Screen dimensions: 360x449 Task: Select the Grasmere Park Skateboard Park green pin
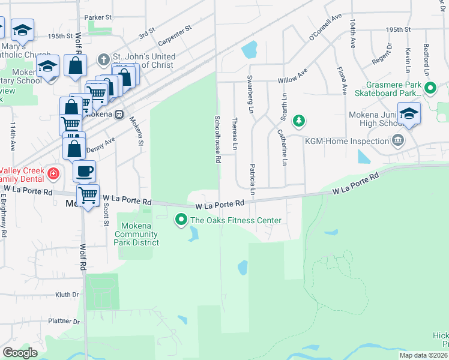430,89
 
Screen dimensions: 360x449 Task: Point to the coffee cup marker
84,171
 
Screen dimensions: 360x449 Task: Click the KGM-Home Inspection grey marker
397,141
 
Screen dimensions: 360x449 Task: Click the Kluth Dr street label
67,295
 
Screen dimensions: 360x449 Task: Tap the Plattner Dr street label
61,321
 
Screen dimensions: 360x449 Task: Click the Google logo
20,353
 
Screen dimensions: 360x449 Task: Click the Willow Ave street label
292,79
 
